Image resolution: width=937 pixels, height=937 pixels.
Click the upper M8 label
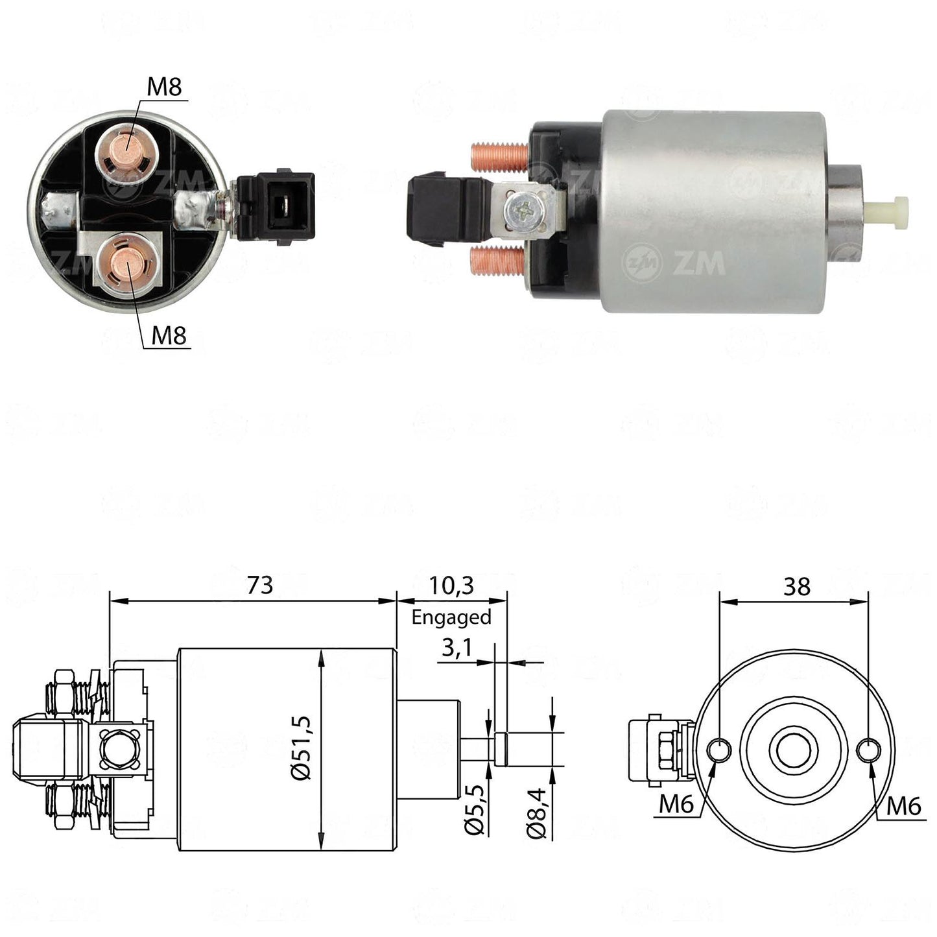[164, 86]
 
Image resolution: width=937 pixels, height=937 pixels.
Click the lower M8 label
[169, 335]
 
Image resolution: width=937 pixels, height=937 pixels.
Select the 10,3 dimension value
[451, 586]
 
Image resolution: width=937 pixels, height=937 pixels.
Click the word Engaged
[451, 617]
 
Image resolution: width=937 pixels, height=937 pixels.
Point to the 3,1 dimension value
[457, 648]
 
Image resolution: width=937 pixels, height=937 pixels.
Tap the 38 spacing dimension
[797, 587]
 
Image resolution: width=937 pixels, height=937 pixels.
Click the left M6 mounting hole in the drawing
[720, 750]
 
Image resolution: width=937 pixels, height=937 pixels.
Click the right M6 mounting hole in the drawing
[868, 750]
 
